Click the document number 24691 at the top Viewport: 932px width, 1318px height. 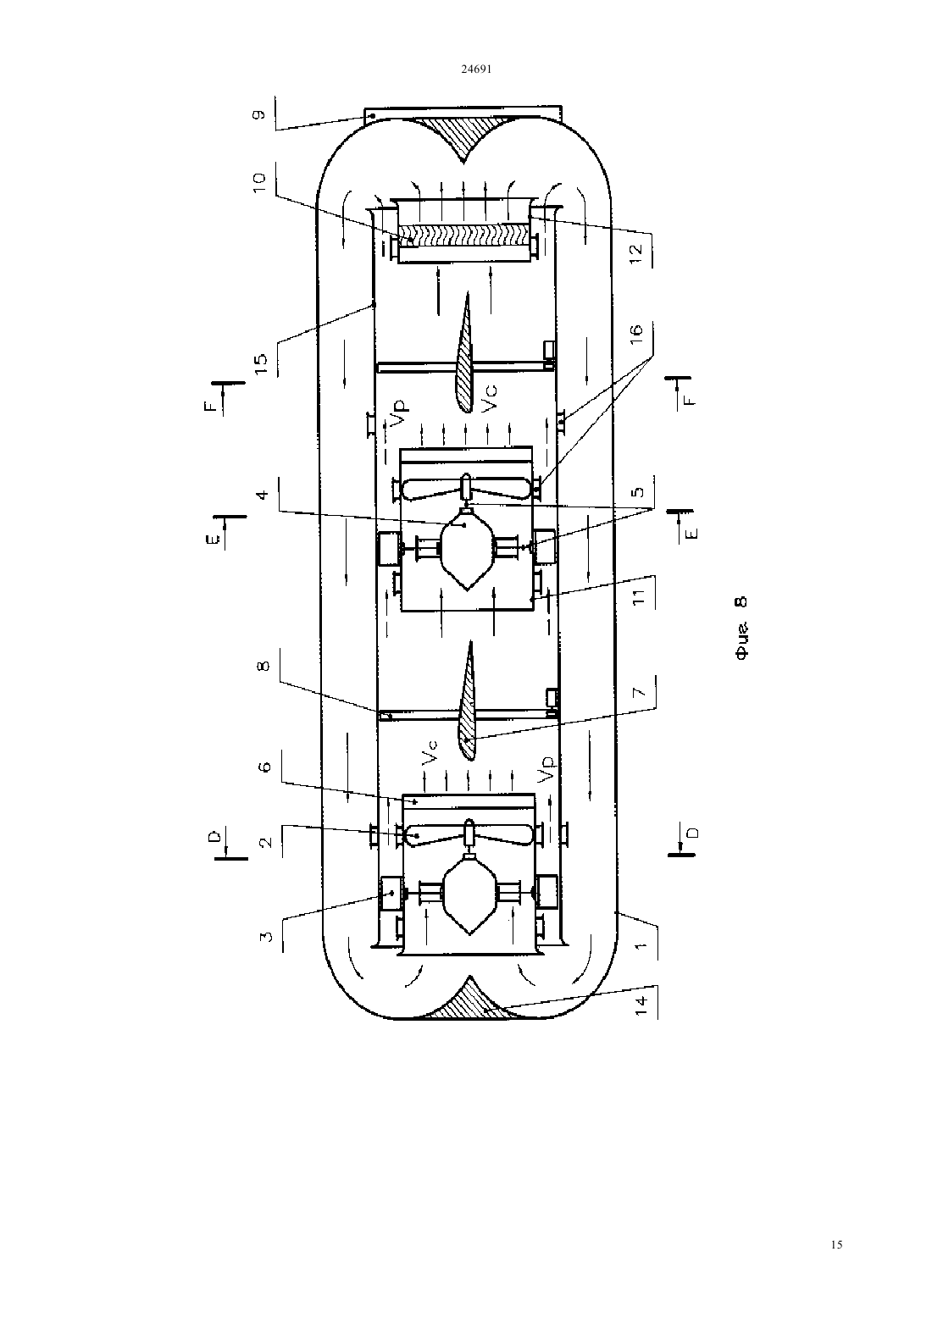pyautogui.click(x=476, y=69)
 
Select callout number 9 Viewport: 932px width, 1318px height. pyautogui.click(x=260, y=114)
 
